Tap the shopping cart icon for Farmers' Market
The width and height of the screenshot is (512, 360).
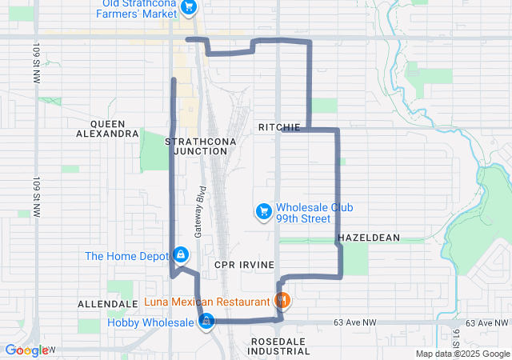[x=189, y=7]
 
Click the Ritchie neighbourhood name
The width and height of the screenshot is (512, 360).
[x=279, y=128]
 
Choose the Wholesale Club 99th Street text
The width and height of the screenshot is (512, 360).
[x=314, y=213]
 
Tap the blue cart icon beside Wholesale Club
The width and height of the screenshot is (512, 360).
[x=262, y=211]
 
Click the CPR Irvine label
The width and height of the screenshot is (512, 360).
[x=245, y=264]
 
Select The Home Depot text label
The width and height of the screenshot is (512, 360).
[x=126, y=256]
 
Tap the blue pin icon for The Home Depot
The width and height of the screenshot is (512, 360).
[x=181, y=255]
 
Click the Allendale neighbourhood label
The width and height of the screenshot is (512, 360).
[x=108, y=305]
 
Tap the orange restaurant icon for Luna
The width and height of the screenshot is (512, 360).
[x=282, y=302]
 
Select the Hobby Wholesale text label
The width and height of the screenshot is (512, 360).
[x=152, y=322]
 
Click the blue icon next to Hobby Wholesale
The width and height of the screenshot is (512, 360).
[x=207, y=322]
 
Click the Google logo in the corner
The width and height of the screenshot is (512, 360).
[x=26, y=350]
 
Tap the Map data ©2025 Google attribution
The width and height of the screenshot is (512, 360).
[x=462, y=354]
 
